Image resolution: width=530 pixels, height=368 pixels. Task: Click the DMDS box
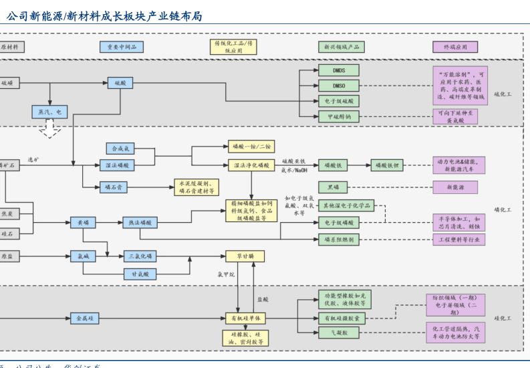(338, 70)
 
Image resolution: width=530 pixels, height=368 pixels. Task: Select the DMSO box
(338, 86)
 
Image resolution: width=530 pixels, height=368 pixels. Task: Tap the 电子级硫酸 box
(338, 101)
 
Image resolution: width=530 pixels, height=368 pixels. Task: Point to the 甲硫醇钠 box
(338, 116)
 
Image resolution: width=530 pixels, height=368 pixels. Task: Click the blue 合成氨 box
(120, 149)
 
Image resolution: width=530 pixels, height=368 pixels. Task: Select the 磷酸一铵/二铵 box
(251, 147)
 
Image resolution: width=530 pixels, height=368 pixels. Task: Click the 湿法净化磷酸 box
(251, 165)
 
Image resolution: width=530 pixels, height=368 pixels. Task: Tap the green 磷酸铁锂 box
(387, 165)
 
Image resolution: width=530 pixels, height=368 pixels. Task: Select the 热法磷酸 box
(140, 222)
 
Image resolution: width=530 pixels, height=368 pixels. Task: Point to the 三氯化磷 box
(140, 256)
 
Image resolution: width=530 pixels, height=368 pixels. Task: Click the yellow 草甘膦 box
(245, 256)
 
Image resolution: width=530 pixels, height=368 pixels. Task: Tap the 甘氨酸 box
(140, 274)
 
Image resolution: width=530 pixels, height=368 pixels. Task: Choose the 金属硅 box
(86, 318)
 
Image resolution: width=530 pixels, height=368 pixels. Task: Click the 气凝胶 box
(338, 333)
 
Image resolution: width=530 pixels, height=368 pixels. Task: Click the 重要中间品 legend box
(122, 47)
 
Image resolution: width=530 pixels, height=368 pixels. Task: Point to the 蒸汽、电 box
(49, 112)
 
